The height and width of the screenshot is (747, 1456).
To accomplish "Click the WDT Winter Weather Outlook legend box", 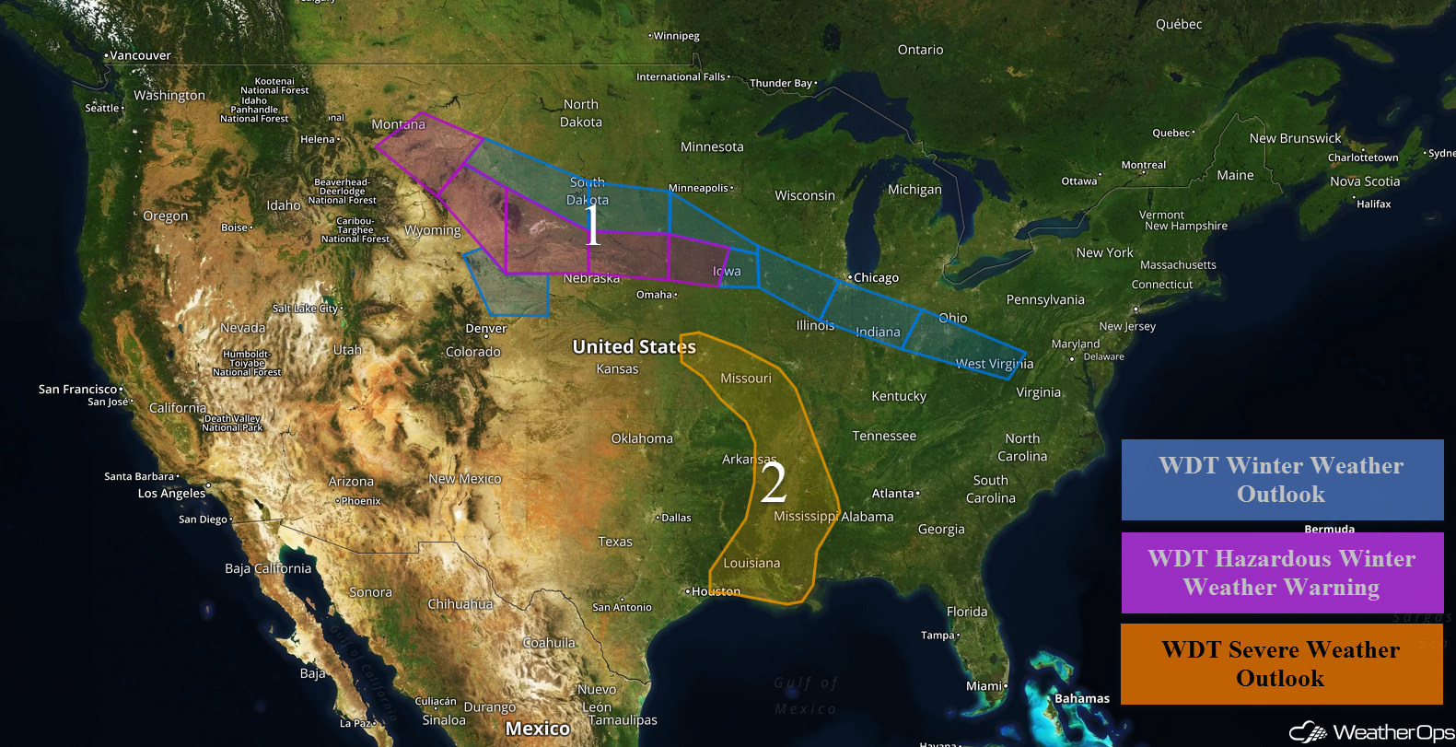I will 1281,480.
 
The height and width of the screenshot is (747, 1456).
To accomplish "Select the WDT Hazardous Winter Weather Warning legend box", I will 1281,573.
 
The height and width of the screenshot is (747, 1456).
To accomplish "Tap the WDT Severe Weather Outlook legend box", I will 1281,664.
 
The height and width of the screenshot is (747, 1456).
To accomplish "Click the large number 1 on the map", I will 592,224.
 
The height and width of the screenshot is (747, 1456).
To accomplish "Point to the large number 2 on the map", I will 774,482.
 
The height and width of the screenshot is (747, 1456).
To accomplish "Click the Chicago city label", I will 876,277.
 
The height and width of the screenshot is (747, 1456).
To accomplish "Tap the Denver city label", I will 485,328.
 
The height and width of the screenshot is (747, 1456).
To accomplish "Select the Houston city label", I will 716,591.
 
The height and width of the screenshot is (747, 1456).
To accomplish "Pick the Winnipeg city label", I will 676,36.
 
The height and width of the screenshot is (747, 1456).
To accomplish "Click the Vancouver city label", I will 140,55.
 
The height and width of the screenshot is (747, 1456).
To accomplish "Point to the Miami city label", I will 984,685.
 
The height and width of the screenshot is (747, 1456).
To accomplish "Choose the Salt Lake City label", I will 306,309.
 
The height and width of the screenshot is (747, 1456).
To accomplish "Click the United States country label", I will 634,346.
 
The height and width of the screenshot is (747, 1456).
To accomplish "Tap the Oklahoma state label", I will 642,438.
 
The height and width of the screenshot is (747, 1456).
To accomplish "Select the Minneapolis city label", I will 698,188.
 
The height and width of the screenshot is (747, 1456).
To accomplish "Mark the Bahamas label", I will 1081,698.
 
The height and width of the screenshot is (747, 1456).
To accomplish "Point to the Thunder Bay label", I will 781,83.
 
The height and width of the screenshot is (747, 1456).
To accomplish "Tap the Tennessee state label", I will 884,436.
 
